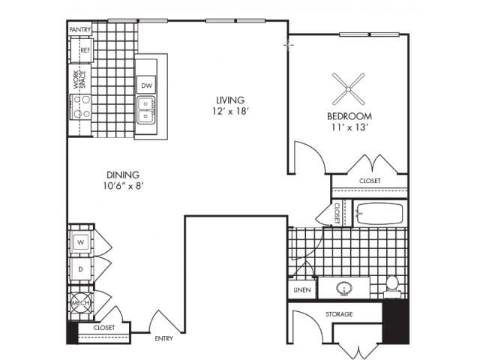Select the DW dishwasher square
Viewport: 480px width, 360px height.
tap(146, 85)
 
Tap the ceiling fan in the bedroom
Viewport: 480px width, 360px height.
tap(349, 89)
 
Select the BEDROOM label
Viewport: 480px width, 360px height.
tap(349, 116)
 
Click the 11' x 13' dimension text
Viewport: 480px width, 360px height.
tap(350, 128)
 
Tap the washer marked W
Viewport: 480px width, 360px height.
tap(79, 242)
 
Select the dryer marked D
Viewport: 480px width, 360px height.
tap(79, 268)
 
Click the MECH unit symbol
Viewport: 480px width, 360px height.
tap(80, 304)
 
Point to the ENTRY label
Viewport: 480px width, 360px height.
tap(164, 338)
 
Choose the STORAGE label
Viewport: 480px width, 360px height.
tap(339, 313)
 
